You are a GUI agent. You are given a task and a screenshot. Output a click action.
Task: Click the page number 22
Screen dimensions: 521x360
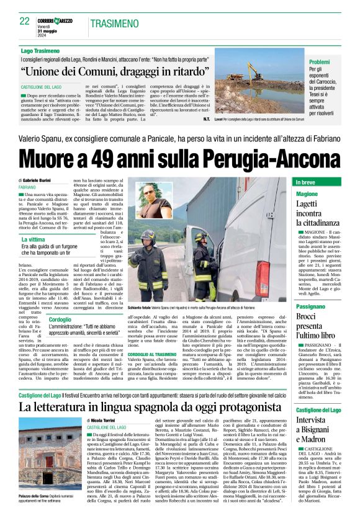25,21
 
